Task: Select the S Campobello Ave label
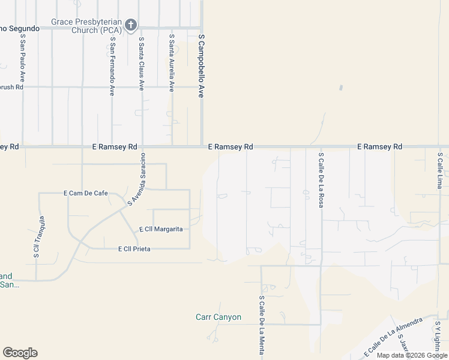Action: pos(202,65)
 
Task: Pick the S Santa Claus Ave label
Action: pos(142,64)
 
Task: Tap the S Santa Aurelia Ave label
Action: pos(172,62)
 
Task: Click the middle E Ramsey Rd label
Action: pos(231,146)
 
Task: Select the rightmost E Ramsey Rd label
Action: pos(379,146)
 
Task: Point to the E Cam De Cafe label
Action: pos(85,193)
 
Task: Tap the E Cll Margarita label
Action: pos(160,229)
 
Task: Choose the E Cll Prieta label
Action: pos(134,248)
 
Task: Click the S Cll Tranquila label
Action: pos(37,237)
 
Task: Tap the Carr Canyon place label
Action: pos(218,317)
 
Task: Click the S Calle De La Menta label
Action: pos(262,325)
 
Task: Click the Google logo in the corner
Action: pos(20,353)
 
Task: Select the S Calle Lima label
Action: pos(439,170)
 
